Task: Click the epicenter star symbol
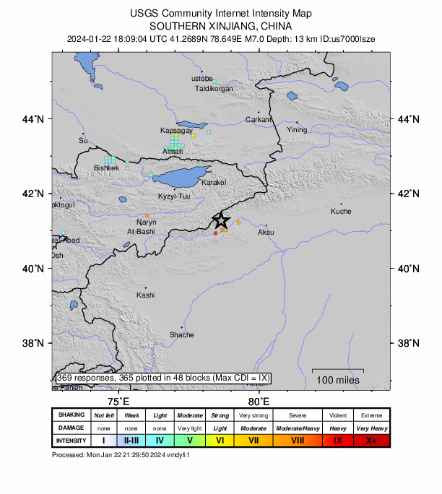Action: (222, 220)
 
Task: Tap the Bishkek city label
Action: (106, 168)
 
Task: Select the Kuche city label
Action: (341, 212)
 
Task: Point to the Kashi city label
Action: (145, 295)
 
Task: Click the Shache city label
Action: (182, 335)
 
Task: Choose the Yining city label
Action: (297, 130)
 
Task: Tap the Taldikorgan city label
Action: (214, 89)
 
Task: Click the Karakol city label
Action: (214, 182)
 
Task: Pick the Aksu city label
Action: (266, 232)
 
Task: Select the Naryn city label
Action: (146, 222)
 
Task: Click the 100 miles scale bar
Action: (337, 376)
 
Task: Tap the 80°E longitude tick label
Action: (259, 402)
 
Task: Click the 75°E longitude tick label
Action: (118, 402)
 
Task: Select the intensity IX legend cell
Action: (337, 440)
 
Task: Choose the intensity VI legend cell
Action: (220, 440)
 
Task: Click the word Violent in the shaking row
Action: (337, 415)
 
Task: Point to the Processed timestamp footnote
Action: (121, 455)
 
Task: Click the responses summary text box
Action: (163, 378)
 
